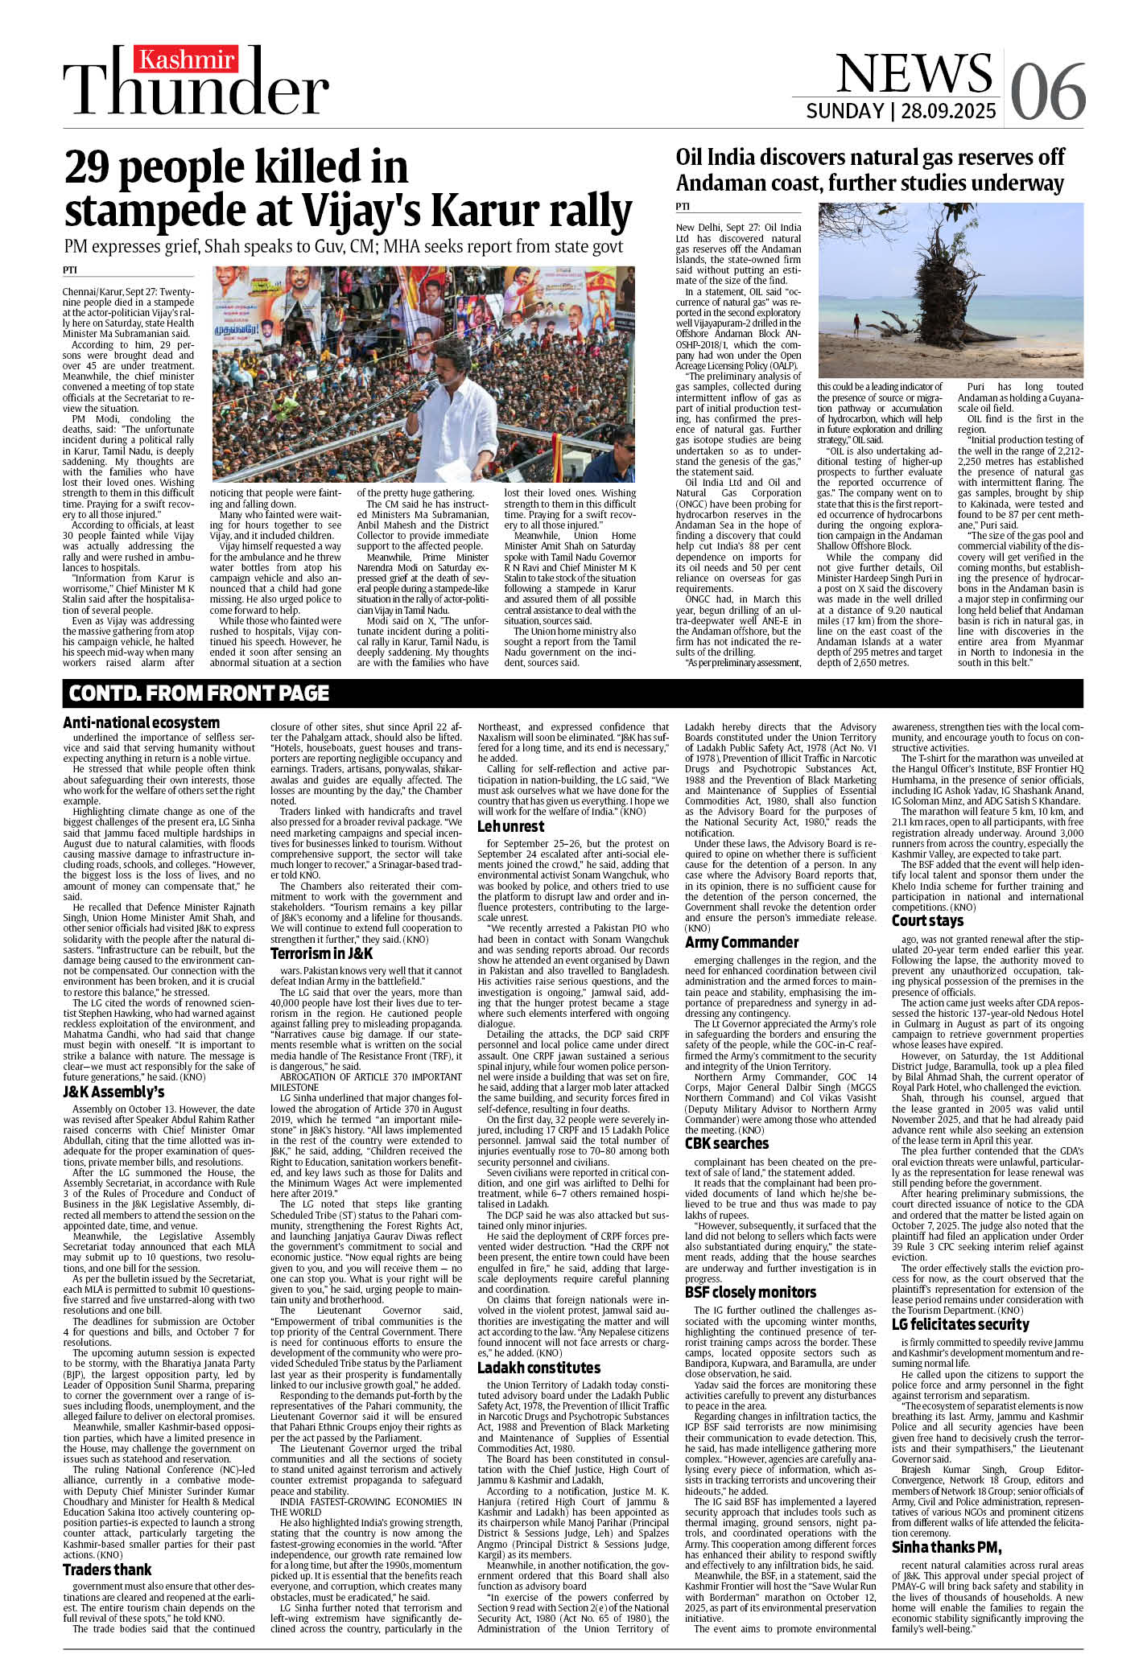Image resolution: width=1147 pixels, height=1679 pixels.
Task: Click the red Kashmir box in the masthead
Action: click(x=188, y=60)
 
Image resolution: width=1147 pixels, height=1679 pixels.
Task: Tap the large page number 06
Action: click(x=1046, y=89)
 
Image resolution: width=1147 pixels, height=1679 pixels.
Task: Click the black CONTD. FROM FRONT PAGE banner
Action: click(x=200, y=693)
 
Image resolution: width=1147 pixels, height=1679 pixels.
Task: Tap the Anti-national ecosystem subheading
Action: click(x=142, y=722)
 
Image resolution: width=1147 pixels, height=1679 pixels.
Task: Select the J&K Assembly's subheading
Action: click(x=113, y=1092)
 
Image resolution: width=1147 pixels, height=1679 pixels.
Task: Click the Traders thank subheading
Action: click(x=107, y=1569)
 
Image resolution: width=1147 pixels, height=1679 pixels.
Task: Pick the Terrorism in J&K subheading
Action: click(x=321, y=953)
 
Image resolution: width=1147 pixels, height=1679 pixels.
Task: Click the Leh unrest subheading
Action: click(x=510, y=826)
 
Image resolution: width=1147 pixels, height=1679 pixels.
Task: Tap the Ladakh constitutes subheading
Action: click(x=538, y=1368)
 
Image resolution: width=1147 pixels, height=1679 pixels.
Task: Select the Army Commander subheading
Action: click(x=741, y=942)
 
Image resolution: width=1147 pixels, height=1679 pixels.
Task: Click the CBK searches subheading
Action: click(x=726, y=1143)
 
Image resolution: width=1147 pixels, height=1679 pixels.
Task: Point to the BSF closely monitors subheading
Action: click(x=750, y=1292)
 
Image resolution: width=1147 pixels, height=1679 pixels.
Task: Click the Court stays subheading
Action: click(x=927, y=920)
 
